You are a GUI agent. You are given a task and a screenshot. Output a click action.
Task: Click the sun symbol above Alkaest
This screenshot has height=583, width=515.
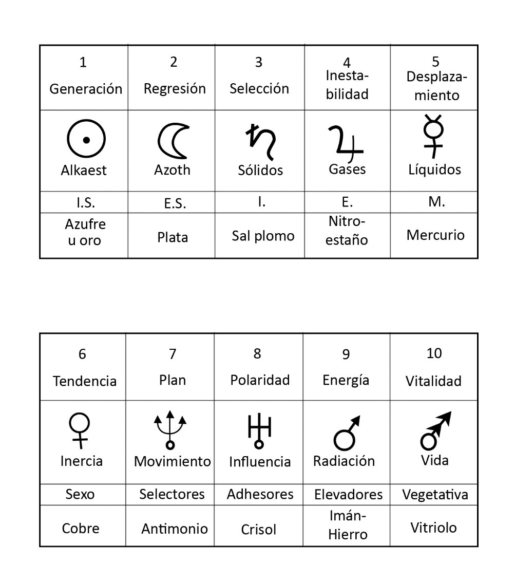pos(86,140)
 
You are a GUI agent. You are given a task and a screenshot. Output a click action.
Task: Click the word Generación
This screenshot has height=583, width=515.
pos(86,89)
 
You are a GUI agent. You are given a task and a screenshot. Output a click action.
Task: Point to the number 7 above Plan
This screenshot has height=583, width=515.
pos(173,354)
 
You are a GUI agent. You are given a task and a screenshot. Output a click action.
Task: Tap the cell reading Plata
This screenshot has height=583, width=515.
pos(173,237)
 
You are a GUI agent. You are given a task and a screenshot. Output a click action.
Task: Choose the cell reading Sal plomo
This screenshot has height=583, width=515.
pos(263,236)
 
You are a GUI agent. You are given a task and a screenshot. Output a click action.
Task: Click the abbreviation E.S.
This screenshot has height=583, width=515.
pos(175,203)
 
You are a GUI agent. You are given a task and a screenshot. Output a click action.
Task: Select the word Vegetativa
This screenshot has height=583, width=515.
pos(435,495)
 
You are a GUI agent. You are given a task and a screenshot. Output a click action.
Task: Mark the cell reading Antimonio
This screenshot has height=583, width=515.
pos(175,529)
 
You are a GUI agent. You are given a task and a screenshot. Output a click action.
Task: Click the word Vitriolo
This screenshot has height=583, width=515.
pos(433,528)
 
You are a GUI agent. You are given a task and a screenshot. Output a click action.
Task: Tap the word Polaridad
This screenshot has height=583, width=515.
pos(260,380)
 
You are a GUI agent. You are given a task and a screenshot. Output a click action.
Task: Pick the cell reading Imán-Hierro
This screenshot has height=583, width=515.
pos(347,525)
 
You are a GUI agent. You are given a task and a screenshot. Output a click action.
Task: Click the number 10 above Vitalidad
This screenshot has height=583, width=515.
pos(434,353)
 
